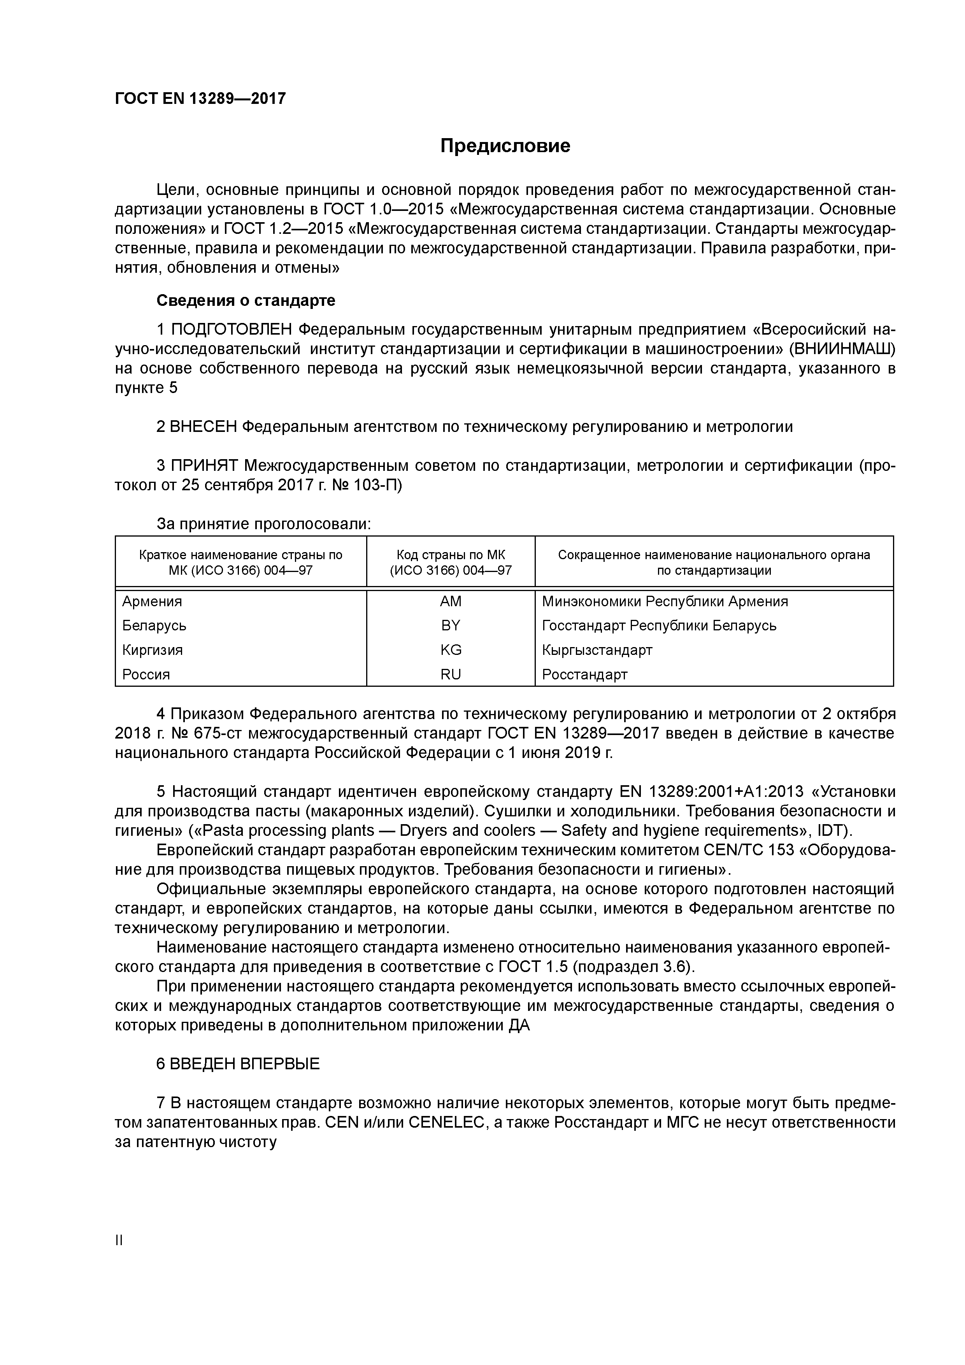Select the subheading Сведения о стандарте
point(246,300)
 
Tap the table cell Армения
point(152,601)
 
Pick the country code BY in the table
point(450,625)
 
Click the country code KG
point(450,650)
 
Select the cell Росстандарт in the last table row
point(584,674)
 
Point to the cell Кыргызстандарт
point(597,650)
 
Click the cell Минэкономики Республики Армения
point(665,601)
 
